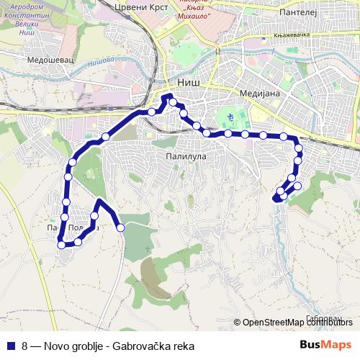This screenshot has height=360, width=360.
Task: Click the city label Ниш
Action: (x=189, y=83)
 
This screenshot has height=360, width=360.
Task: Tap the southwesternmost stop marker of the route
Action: (x=61, y=245)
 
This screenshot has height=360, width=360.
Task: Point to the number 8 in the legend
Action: (x=25, y=346)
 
